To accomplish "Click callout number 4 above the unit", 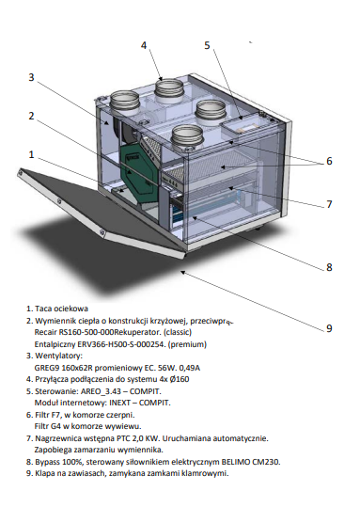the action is pos(144,45).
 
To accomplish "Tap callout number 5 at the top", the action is pos(207,45).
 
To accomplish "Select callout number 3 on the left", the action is pos(31,77).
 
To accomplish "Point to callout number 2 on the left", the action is pos(31,116).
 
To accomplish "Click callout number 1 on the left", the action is pos(31,154).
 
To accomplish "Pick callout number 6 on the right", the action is pos(329,161).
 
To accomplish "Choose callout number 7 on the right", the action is pos(329,204).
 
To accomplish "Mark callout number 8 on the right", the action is pos(329,267).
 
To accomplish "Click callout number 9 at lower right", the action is pos(329,328).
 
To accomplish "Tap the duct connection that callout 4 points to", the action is pos(169,90).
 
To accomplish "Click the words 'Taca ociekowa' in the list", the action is pos(61,309).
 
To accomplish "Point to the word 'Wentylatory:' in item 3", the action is pos(58,356).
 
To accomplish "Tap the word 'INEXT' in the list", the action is pos(120,403).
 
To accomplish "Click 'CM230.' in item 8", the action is pos(268,462).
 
